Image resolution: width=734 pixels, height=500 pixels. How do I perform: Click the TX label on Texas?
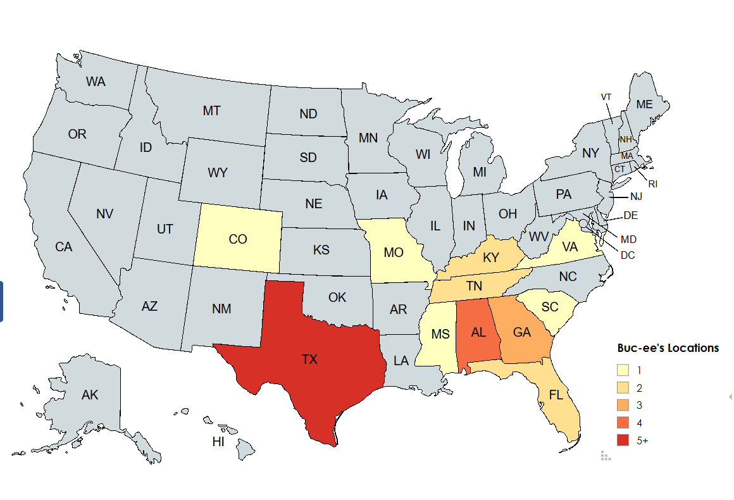(309, 359)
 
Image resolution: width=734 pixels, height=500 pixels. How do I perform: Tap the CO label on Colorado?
(238, 239)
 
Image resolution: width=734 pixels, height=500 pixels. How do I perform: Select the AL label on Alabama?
(478, 332)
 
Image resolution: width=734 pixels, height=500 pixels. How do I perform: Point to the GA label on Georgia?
(522, 332)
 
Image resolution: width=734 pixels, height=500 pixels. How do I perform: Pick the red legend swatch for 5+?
(623, 441)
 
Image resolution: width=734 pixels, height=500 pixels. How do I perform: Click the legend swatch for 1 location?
(623, 370)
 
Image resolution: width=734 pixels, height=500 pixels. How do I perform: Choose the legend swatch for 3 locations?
(623, 405)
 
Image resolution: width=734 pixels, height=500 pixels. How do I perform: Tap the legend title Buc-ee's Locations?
(668, 348)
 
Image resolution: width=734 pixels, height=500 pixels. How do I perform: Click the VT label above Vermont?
(606, 97)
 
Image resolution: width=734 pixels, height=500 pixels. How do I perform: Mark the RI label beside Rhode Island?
(653, 184)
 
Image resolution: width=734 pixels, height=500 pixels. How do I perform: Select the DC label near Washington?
(628, 256)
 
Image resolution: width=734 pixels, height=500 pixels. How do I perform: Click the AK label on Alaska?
(90, 395)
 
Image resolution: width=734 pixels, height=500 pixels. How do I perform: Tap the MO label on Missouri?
(394, 253)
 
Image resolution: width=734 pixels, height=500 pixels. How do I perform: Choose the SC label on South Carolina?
(550, 307)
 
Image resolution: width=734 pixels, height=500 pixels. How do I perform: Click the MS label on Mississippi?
(440, 334)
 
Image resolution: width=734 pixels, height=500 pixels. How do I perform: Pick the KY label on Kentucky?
(491, 258)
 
